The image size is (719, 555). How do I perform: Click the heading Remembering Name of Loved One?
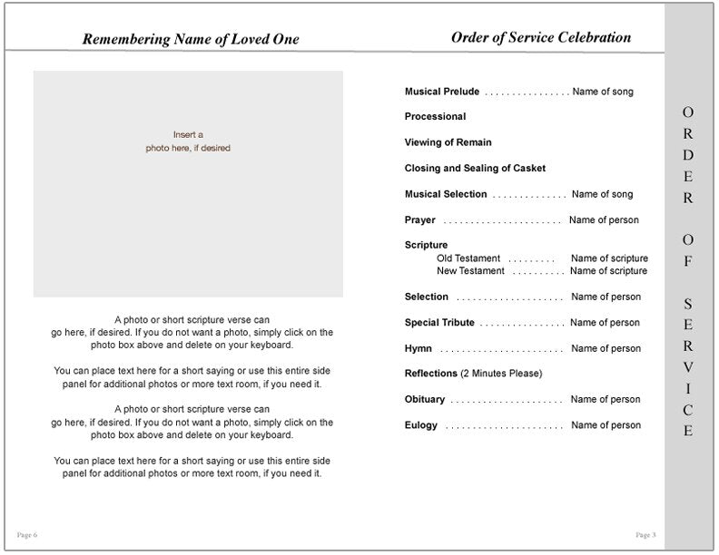pyautogui.click(x=190, y=39)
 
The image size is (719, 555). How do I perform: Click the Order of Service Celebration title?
pyautogui.click(x=540, y=37)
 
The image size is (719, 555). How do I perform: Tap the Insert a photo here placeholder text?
pyautogui.click(x=188, y=141)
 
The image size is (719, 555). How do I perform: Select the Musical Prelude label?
pyautogui.click(x=442, y=92)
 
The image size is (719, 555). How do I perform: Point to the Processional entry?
pyautogui.click(x=435, y=117)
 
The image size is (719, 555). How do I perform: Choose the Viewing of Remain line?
pyautogui.click(x=448, y=142)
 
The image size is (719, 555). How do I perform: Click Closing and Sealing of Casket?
pyautogui.click(x=475, y=169)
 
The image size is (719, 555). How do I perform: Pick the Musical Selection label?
pyautogui.click(x=446, y=194)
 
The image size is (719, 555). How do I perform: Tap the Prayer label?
pyautogui.click(x=420, y=220)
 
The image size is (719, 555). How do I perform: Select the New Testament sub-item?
pyautogui.click(x=470, y=271)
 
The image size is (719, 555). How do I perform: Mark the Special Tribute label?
pyautogui.click(x=439, y=323)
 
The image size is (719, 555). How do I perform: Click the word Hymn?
pyautogui.click(x=419, y=349)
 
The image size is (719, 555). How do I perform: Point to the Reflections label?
pyautogui.click(x=431, y=374)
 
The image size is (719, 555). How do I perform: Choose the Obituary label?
pyautogui.click(x=425, y=400)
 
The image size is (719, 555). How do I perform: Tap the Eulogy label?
pyautogui.click(x=421, y=425)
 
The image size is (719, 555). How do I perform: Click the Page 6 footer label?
pyautogui.click(x=27, y=535)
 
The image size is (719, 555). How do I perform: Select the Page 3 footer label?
pyautogui.click(x=645, y=535)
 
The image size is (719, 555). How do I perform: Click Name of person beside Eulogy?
pyautogui.click(x=606, y=425)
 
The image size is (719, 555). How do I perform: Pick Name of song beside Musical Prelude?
pyautogui.click(x=603, y=92)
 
